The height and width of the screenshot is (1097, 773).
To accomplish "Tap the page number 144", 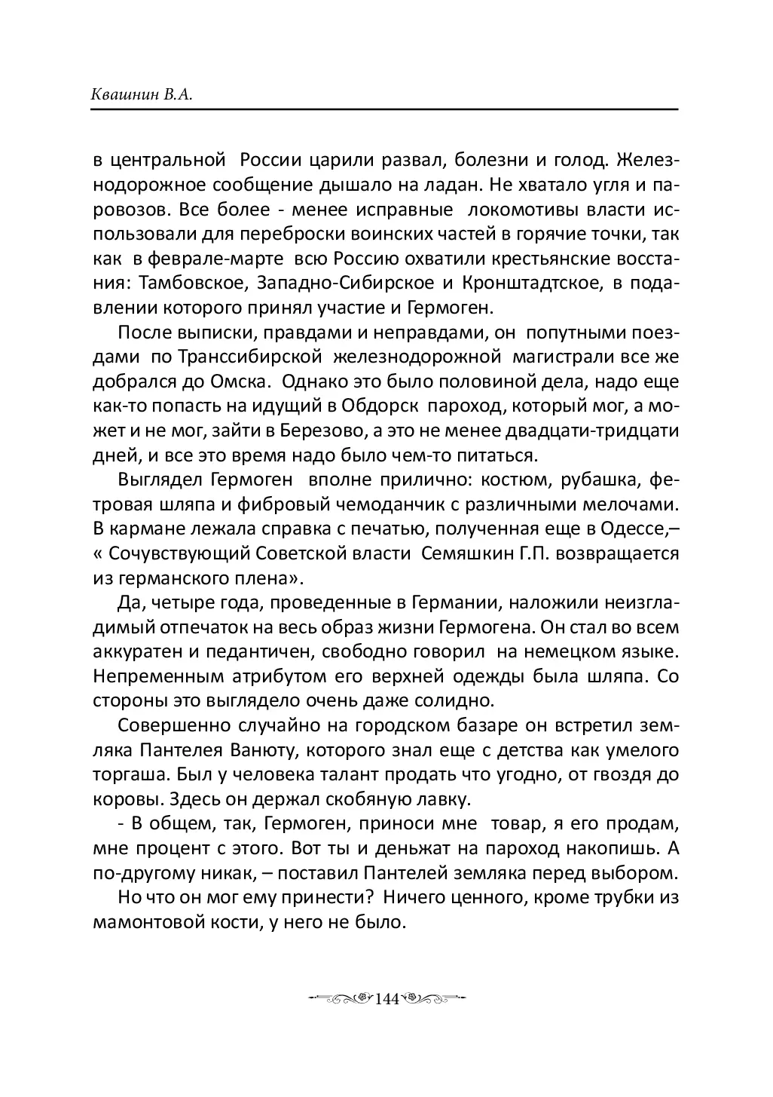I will (x=385, y=999).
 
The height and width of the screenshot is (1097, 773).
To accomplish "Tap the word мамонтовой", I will (x=153, y=921).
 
